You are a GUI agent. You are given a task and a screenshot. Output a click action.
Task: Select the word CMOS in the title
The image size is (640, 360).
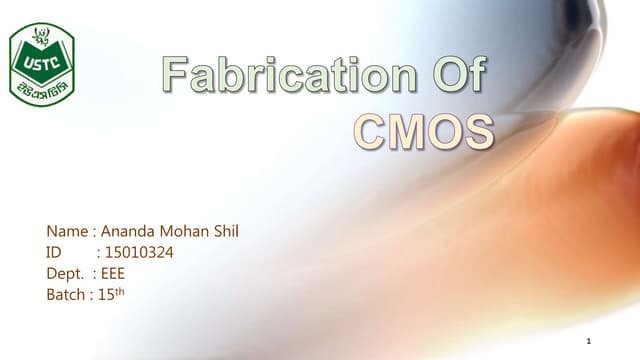click(x=425, y=131)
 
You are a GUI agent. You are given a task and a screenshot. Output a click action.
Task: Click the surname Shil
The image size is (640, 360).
click(x=228, y=232)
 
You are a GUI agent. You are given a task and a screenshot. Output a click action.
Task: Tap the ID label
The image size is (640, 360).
click(x=55, y=253)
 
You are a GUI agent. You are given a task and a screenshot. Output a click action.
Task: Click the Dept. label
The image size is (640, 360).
click(x=66, y=274)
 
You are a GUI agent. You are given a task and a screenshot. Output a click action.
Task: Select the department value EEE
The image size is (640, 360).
click(x=113, y=274)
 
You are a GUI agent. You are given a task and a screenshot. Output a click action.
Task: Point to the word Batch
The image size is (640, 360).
click(x=66, y=295)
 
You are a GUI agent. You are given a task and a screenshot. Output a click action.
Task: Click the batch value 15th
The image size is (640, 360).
click(x=112, y=295)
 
